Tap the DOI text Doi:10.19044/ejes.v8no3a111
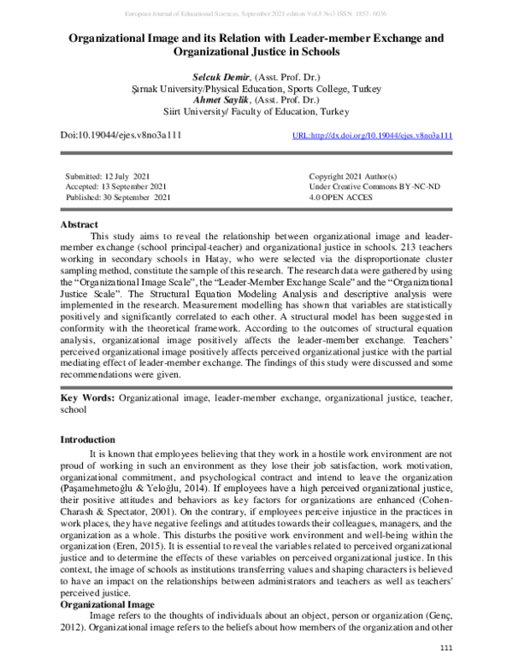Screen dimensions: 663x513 point(120,136)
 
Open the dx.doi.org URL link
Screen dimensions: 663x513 point(372,136)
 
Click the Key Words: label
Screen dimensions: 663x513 point(87,398)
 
